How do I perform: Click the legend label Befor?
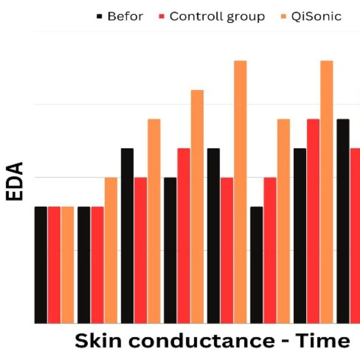pos(125,16)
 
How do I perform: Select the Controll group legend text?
pos(217,16)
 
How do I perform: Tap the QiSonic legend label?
pos(316,16)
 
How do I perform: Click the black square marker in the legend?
pos(100,16)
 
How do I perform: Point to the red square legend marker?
pos(162,16)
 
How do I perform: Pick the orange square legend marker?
pos(284,16)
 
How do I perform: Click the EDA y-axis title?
pos(15,182)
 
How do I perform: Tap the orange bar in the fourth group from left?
pos(197,207)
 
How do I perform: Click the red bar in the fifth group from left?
pos(227,250)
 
